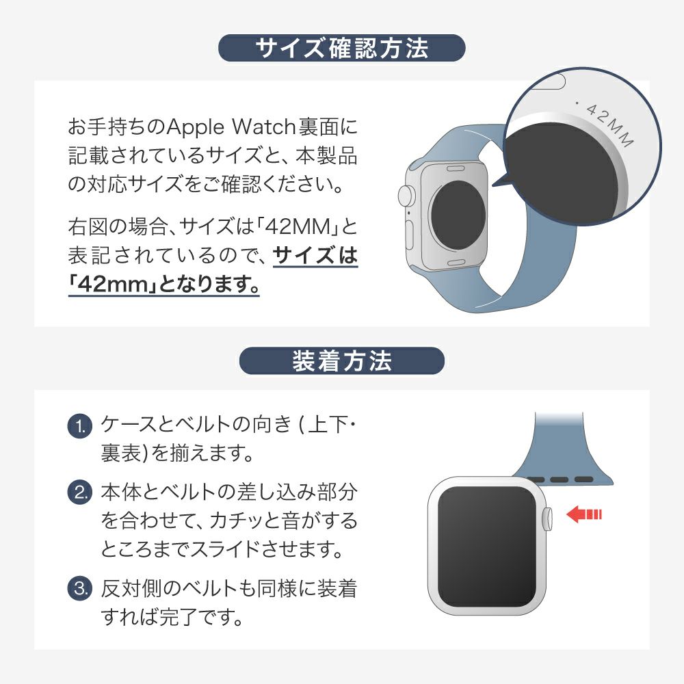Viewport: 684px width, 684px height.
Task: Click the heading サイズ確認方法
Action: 341,48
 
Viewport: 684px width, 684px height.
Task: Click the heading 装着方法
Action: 341,360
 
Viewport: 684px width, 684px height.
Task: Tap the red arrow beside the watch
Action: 583,514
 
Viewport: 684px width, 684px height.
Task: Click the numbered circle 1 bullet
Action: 80,425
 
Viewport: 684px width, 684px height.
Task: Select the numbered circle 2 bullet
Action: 80,492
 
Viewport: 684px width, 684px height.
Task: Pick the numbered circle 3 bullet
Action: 80,588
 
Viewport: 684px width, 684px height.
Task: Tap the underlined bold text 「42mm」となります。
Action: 164,284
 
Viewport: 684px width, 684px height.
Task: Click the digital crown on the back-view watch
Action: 405,196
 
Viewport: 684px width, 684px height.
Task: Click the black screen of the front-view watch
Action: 486,546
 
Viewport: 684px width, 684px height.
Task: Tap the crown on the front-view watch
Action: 547,518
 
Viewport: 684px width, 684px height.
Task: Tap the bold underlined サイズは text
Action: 315,256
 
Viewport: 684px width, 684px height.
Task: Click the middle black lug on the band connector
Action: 559,479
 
